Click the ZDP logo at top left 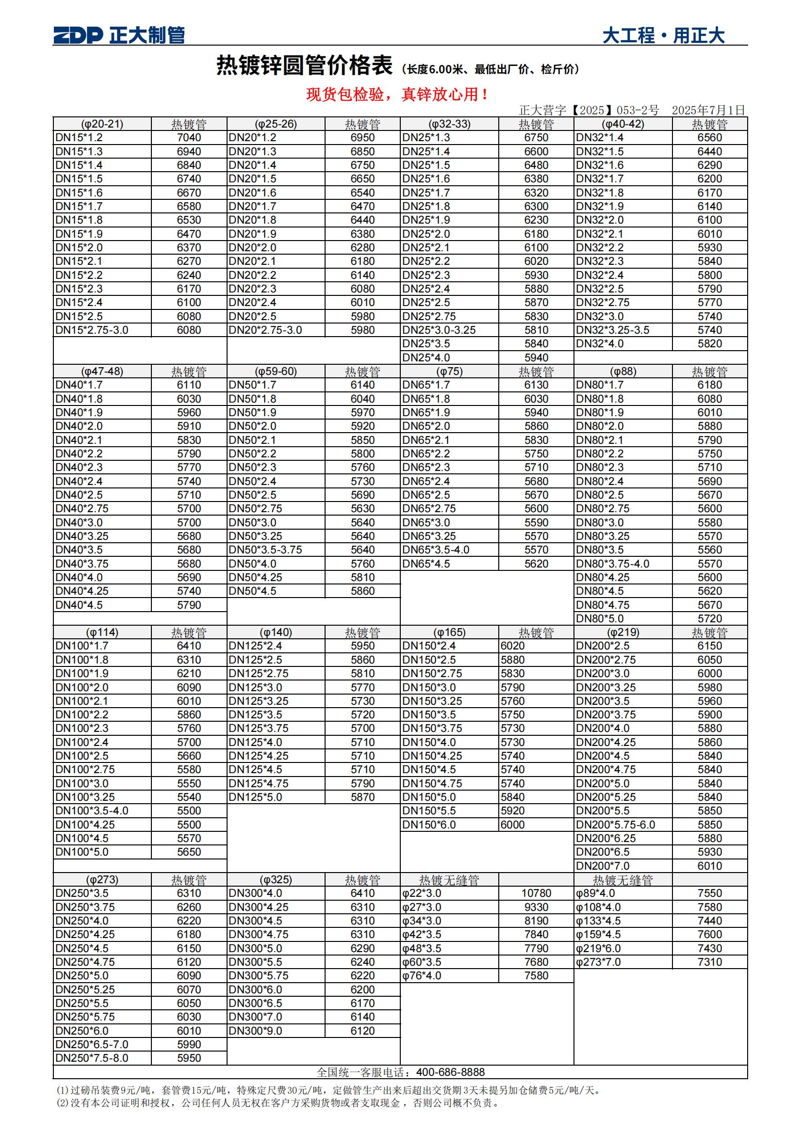(x=78, y=35)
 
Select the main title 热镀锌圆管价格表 (x=304, y=65)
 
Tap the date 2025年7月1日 (x=707, y=110)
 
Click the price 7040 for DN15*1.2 (x=189, y=138)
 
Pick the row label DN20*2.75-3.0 (x=265, y=330)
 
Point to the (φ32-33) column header (x=449, y=124)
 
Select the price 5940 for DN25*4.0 (x=536, y=357)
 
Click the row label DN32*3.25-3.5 (x=612, y=330)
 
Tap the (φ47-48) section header (x=102, y=372)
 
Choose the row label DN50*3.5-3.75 (x=265, y=550)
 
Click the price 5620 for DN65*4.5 (x=536, y=564)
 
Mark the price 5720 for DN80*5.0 (x=710, y=618)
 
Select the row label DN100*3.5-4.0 (x=92, y=810)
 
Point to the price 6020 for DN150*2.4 (x=512, y=646)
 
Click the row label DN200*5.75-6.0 (x=615, y=825)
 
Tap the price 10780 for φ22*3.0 (x=536, y=893)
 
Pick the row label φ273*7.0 (x=598, y=962)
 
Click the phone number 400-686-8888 (x=450, y=1072)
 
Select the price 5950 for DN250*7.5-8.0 (x=189, y=1058)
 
